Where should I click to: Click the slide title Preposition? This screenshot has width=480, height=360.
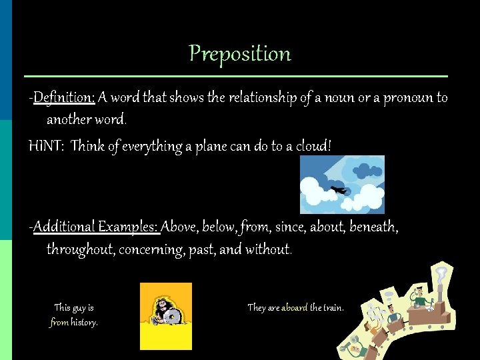pos(240,53)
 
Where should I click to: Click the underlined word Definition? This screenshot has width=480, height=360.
pos(64,98)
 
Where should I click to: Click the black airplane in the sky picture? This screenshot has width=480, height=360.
pos(339,190)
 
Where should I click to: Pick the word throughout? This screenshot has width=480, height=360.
pos(81,250)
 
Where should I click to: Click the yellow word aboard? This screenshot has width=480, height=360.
pos(294,307)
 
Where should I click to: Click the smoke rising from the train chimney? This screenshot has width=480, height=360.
pos(441,275)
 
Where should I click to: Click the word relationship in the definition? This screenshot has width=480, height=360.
pos(262,98)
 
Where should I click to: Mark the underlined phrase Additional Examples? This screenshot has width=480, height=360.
pos(96,227)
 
